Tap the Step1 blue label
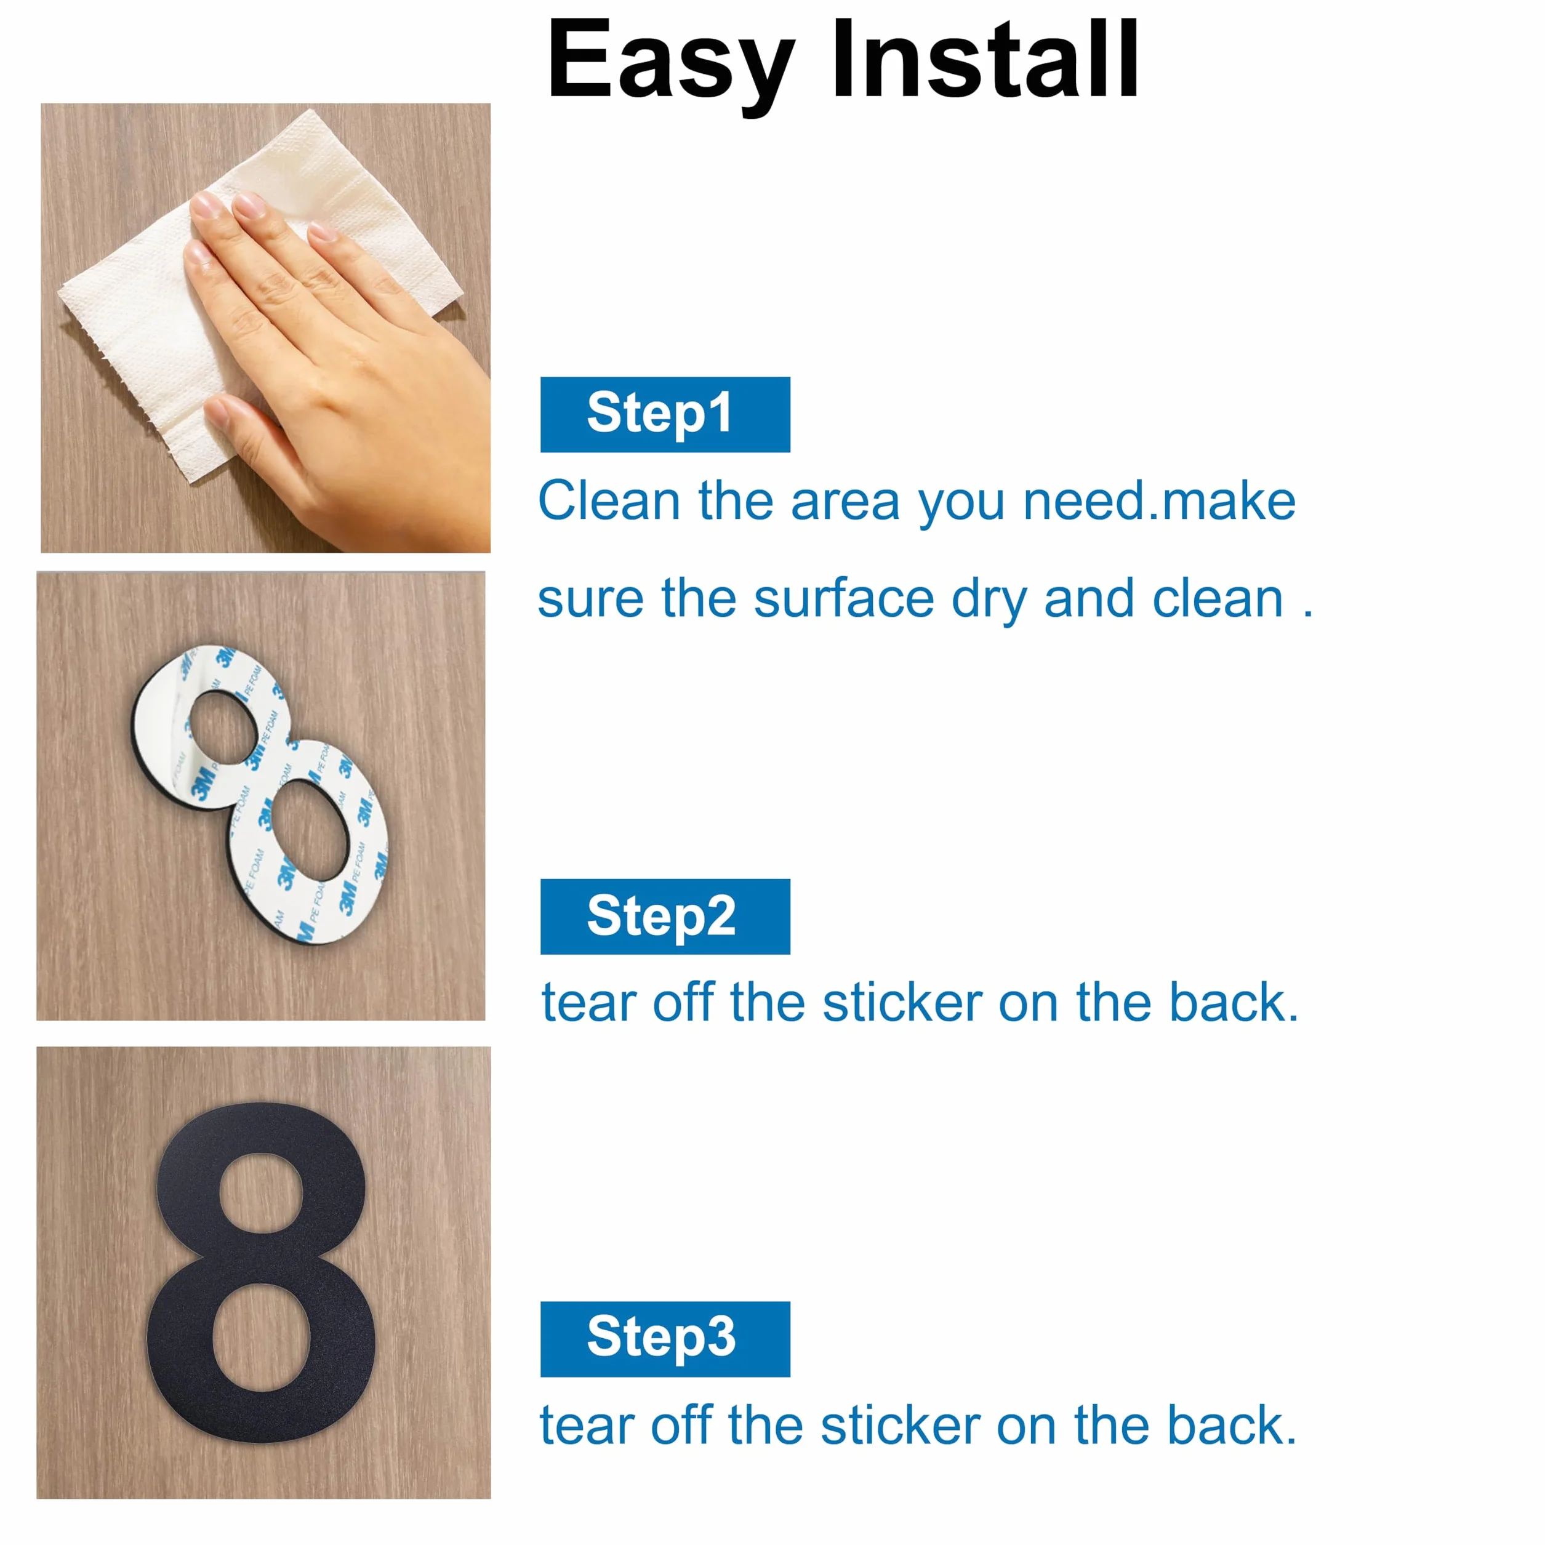tap(665, 414)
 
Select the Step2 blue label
tap(665, 917)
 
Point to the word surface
tap(844, 599)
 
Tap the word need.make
tap(1160, 502)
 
